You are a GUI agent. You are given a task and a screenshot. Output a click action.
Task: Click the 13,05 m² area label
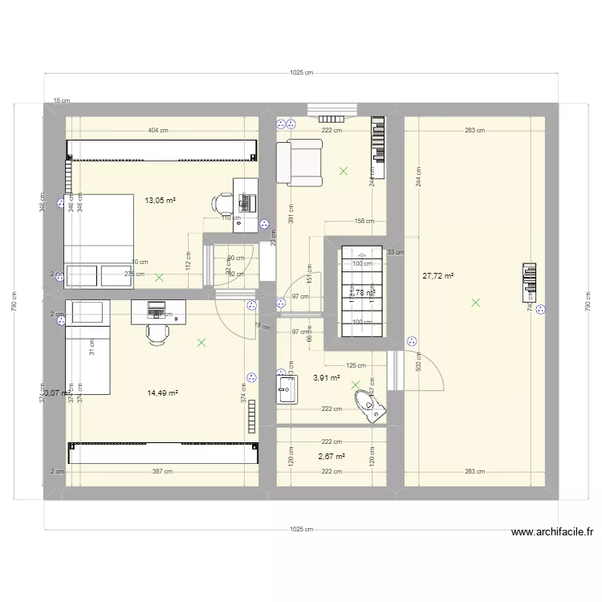(161, 201)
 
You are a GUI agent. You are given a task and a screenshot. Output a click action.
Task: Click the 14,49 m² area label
(162, 393)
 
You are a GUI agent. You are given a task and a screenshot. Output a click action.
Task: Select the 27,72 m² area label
(438, 276)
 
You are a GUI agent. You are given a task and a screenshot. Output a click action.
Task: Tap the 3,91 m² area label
(327, 378)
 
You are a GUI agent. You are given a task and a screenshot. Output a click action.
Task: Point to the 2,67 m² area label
(332, 456)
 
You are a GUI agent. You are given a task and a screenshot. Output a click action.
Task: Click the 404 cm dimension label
(158, 130)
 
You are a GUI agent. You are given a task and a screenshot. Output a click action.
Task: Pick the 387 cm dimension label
(162, 472)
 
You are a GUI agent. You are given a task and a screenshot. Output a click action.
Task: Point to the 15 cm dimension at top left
(61, 101)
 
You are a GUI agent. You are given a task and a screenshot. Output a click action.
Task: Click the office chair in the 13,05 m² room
(222, 204)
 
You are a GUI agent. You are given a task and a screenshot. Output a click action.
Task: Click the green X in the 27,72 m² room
(476, 303)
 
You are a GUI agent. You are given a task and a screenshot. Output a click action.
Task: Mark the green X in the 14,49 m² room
(201, 343)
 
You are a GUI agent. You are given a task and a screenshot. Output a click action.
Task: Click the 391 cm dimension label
(291, 213)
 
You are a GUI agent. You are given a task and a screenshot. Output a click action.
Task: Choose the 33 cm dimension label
(396, 253)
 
